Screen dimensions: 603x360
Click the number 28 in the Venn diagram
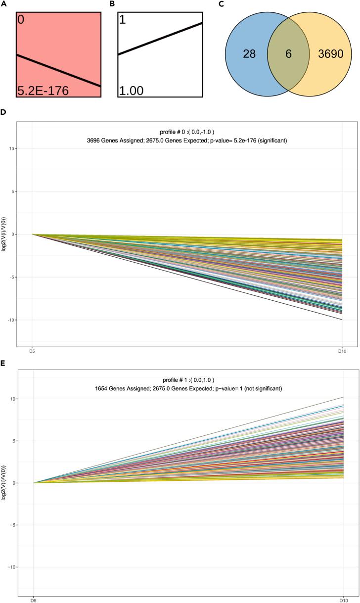pos(249,54)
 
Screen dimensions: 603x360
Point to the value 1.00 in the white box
pos(131,91)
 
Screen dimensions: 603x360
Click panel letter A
pos(3,4)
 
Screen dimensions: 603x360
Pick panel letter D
pos(3,113)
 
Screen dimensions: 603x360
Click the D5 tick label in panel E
pos(33,600)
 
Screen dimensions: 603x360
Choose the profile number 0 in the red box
pos(21,20)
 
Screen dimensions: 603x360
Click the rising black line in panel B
pos(160,39)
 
